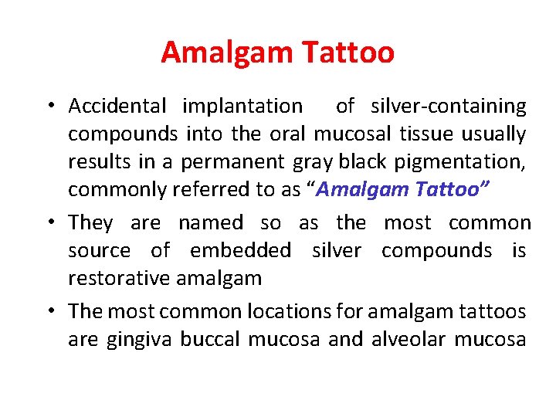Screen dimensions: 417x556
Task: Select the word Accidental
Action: [117, 106]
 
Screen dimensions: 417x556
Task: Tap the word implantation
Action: [242, 106]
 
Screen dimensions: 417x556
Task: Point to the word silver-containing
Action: [448, 106]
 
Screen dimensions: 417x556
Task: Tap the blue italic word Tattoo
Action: [447, 190]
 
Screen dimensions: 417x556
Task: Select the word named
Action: [210, 223]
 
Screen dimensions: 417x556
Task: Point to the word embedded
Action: [240, 251]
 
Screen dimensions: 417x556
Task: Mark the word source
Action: [100, 251]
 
